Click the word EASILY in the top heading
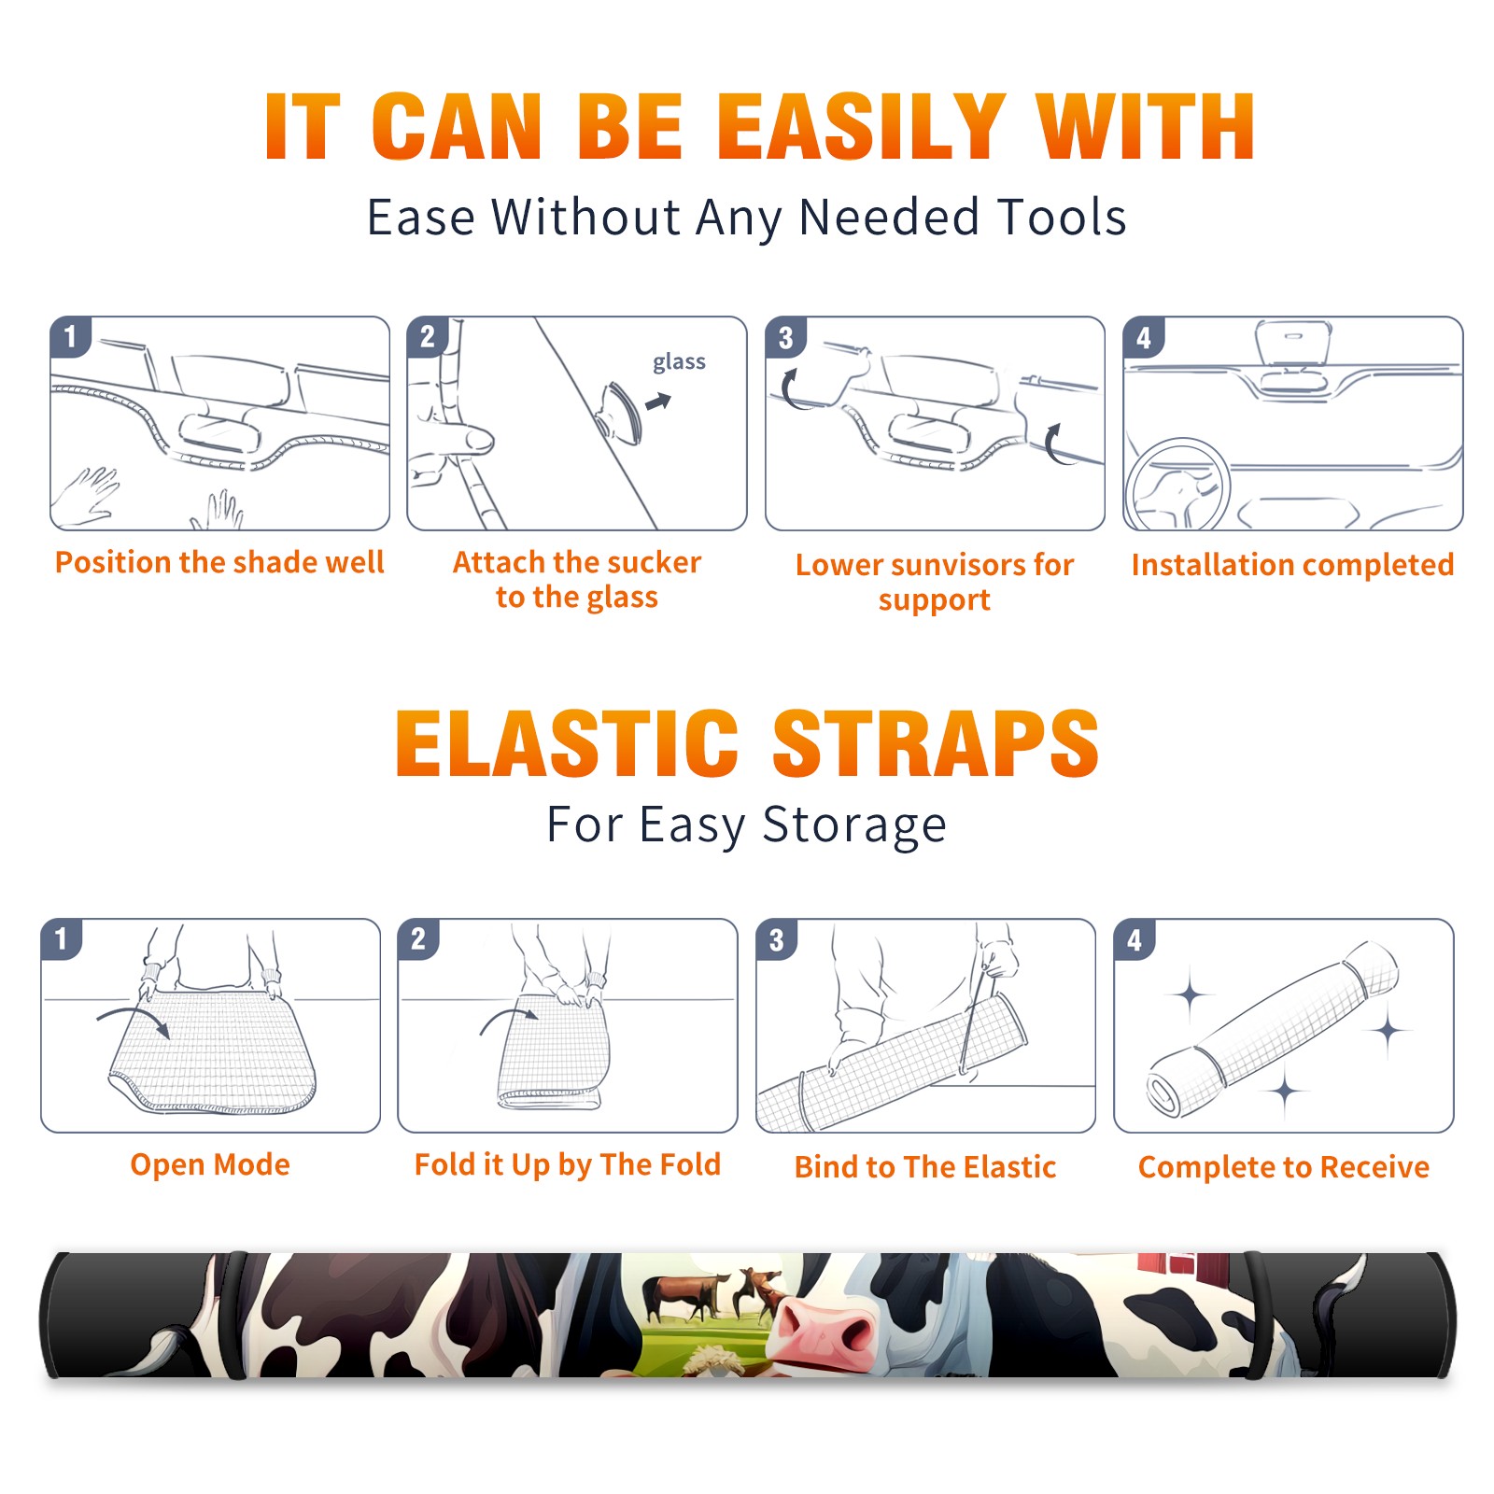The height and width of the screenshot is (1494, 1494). coord(861,127)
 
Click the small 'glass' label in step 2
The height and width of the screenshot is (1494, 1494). coord(679,362)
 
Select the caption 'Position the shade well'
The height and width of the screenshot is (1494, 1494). coord(219,562)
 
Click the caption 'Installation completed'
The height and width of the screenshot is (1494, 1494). coord(1292,565)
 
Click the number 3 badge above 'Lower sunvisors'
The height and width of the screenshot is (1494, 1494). coord(786,338)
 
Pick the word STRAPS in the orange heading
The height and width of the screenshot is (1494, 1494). coord(936,743)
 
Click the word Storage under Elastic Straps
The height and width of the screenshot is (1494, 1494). coord(854,825)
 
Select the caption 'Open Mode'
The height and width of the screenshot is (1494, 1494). coord(210,1164)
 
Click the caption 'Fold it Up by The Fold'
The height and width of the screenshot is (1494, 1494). coord(568,1165)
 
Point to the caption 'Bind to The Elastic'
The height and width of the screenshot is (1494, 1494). coord(925,1167)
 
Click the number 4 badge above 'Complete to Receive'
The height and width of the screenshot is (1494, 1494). coord(1135,939)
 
